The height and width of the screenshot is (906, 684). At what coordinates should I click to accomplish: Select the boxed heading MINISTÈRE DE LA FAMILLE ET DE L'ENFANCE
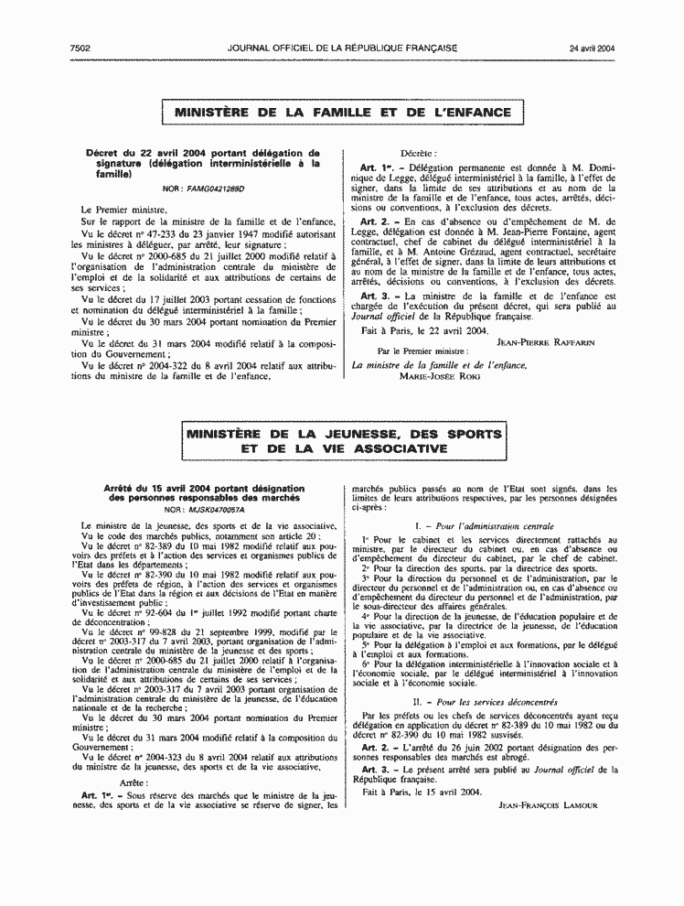pyautogui.click(x=342, y=113)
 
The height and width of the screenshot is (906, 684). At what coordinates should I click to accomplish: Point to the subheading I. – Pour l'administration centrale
pyautogui.click(x=484, y=528)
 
